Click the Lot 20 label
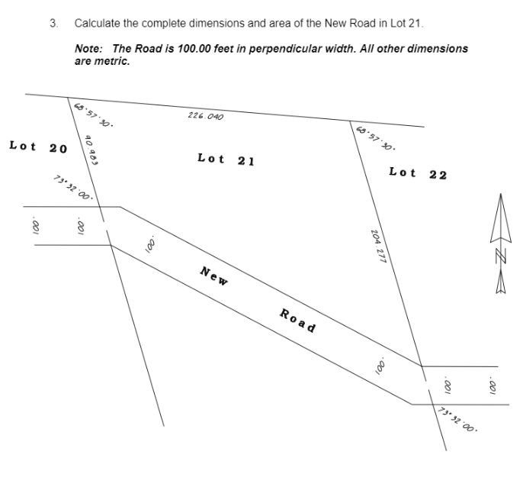[x=38, y=146]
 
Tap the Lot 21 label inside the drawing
[x=225, y=160]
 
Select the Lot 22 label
[x=417, y=173]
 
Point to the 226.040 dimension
[x=205, y=116]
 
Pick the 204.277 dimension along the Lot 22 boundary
[x=379, y=246]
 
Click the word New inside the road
[x=214, y=276]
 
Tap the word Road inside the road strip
[x=297, y=320]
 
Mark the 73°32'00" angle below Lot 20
[x=73, y=188]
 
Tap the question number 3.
[x=53, y=23]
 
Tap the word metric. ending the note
[x=112, y=60]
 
